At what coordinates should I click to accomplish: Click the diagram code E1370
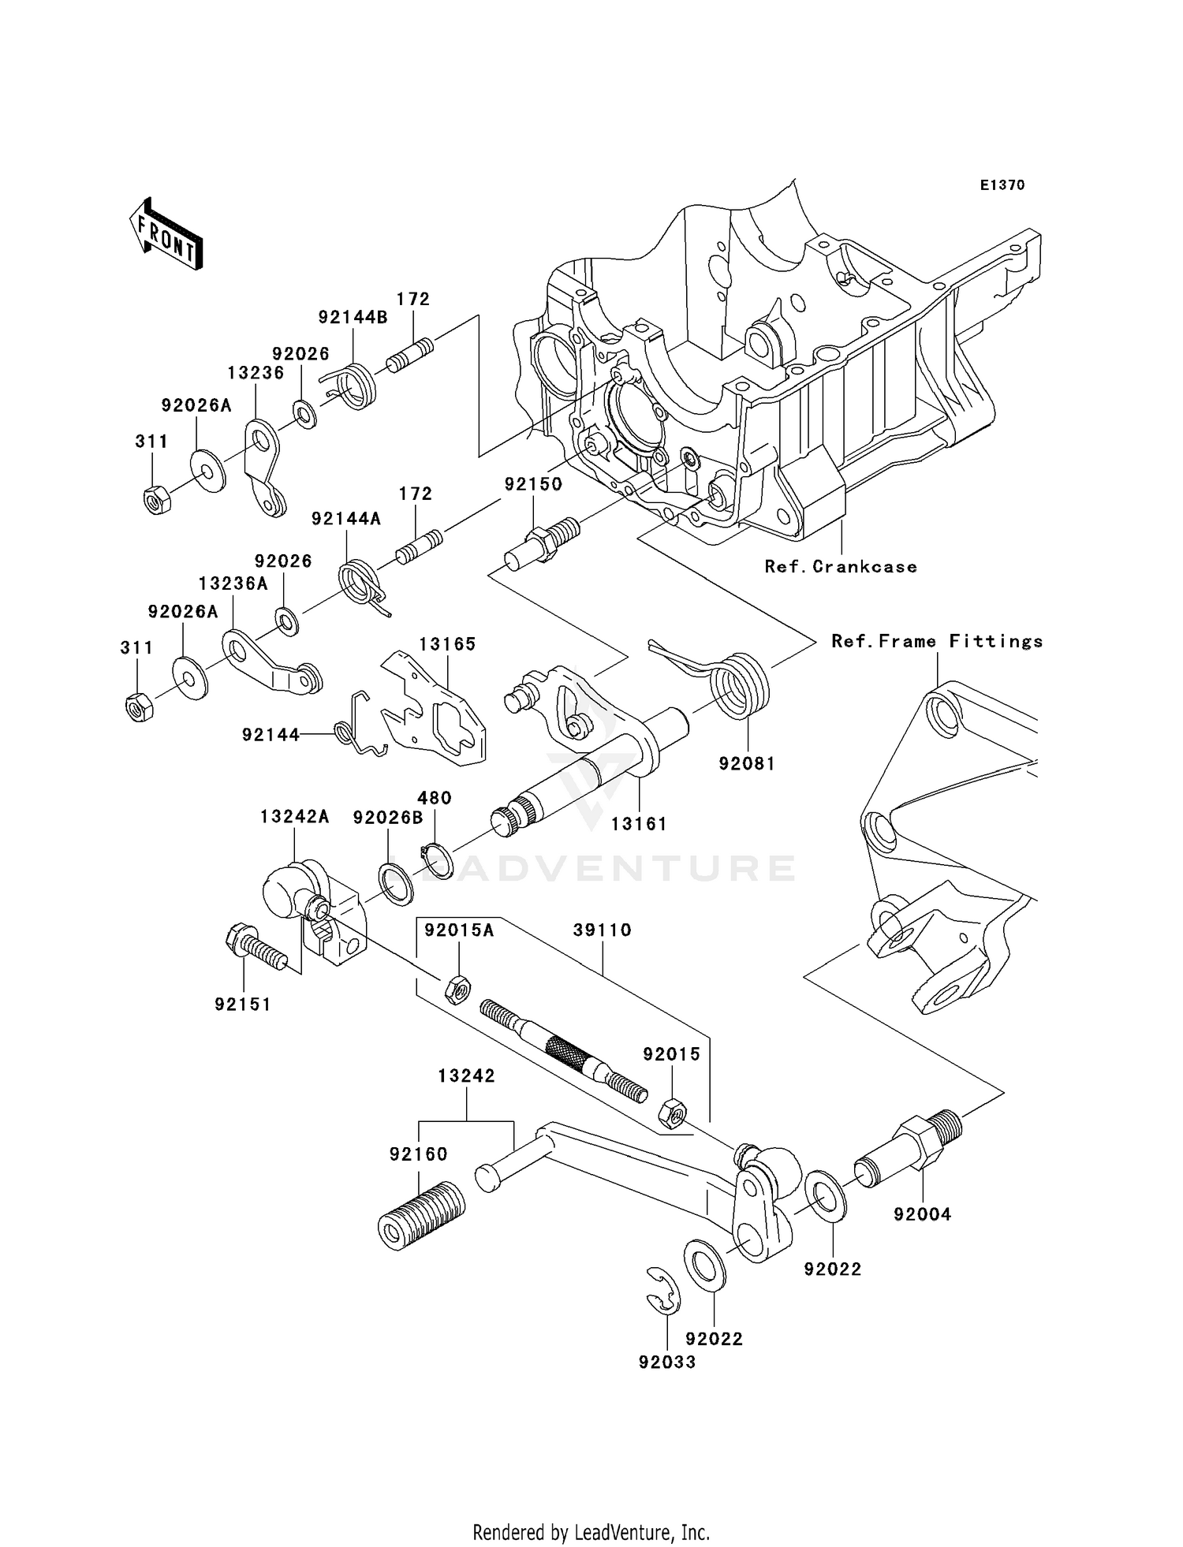click(x=1002, y=185)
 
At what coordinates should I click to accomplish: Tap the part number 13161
click(x=639, y=824)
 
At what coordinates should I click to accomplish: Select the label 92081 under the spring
click(x=746, y=763)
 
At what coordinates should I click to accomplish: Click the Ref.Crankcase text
click(x=841, y=566)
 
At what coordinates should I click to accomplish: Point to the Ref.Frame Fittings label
click(x=937, y=641)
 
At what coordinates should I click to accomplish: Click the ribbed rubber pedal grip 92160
click(x=420, y=1215)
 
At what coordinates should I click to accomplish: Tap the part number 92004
click(x=922, y=1214)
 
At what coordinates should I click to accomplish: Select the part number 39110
click(x=603, y=930)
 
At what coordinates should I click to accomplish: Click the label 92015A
click(x=459, y=930)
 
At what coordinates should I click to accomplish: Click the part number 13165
click(x=447, y=644)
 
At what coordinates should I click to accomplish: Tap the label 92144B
click(x=353, y=317)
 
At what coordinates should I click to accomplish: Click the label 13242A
click(x=295, y=817)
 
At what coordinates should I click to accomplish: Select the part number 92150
click(x=534, y=484)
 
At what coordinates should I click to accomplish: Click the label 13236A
click(x=233, y=583)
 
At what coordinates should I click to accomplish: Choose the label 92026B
click(x=388, y=818)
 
